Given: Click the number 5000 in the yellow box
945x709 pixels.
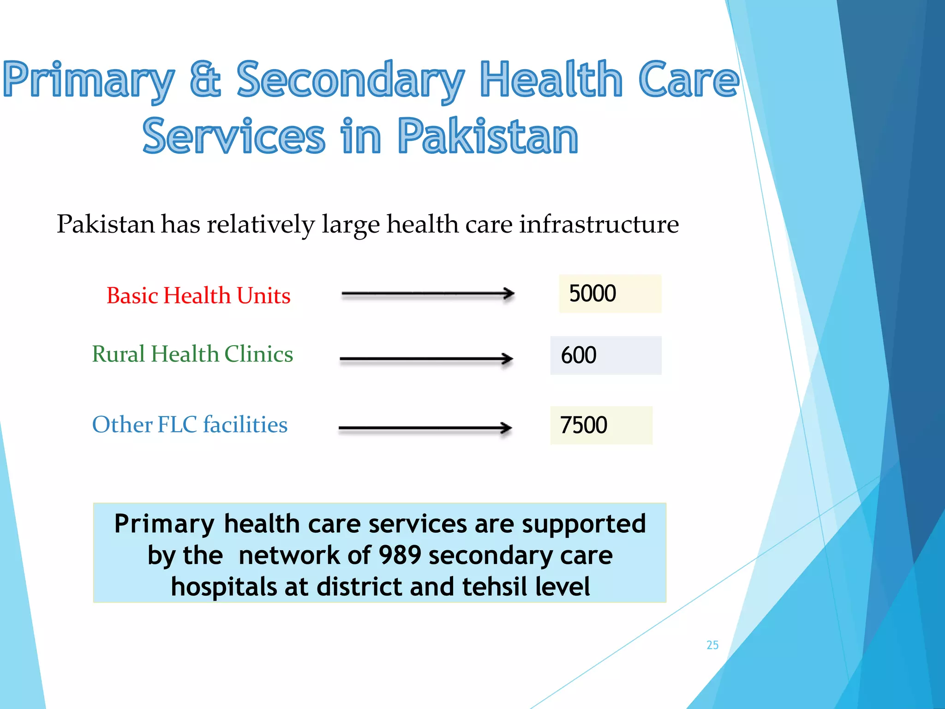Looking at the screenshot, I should pyautogui.click(x=592, y=294).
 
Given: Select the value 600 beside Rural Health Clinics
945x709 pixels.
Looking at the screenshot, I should pyautogui.click(x=579, y=355).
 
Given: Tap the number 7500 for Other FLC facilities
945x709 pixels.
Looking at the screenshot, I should pyautogui.click(x=583, y=425).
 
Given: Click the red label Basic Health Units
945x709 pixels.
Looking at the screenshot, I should pyautogui.click(x=198, y=295).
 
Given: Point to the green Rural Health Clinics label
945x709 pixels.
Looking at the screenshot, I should pyautogui.click(x=192, y=354).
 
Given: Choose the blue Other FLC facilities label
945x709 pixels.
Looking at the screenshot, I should pyautogui.click(x=190, y=425).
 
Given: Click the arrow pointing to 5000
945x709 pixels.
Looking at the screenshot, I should pyautogui.click(x=428, y=294).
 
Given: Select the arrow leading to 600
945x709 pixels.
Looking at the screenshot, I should pyautogui.click(x=426, y=359).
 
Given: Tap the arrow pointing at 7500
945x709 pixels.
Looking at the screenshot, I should pyautogui.click(x=425, y=428).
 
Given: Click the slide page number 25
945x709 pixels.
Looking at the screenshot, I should pyautogui.click(x=712, y=645).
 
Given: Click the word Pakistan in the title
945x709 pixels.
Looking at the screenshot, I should pyautogui.click(x=488, y=136).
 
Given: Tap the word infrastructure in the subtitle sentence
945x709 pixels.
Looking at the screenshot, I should pyautogui.click(x=599, y=224).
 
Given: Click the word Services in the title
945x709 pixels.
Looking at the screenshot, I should pyautogui.click(x=234, y=136).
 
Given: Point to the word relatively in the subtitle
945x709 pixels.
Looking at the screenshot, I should pyautogui.click(x=260, y=224).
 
